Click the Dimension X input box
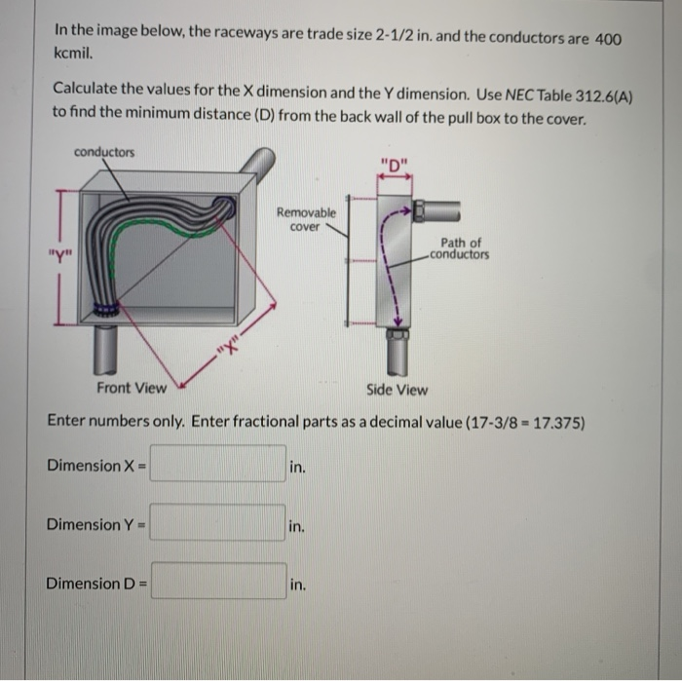(217, 465)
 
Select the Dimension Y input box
(217, 524)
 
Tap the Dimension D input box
(217, 583)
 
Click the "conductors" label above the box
(104, 153)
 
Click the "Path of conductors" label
(460, 249)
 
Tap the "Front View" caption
(132, 389)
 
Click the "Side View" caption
(397, 389)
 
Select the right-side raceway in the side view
(441, 209)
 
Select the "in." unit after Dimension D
(298, 585)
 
